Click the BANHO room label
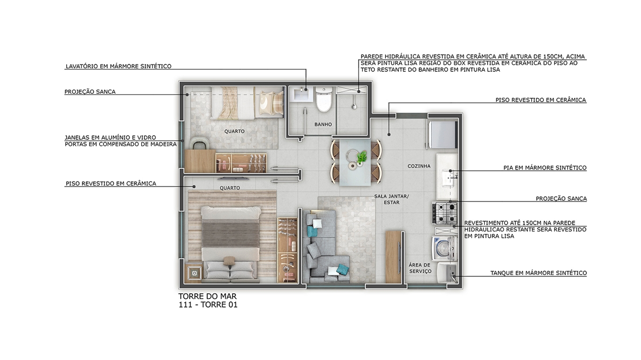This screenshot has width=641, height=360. (323, 124)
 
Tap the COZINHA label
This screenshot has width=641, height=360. (419, 166)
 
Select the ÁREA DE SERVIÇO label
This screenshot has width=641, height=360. (420, 268)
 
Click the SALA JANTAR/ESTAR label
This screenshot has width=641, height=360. (392, 199)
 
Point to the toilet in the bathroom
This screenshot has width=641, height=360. (324, 99)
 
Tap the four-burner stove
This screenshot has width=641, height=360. (444, 213)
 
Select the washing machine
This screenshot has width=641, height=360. (444, 248)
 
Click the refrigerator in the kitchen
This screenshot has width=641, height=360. (442, 134)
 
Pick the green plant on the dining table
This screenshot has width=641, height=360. (362, 157)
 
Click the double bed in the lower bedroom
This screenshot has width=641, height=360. (231, 245)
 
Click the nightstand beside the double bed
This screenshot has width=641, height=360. (194, 273)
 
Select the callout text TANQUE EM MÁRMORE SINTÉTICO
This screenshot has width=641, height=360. (539, 273)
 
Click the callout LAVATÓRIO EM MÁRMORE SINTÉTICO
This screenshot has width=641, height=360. (118, 66)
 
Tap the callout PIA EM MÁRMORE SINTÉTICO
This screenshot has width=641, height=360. (545, 168)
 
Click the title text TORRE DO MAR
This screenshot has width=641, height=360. (208, 296)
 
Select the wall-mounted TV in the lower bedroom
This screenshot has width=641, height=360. (233, 179)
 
